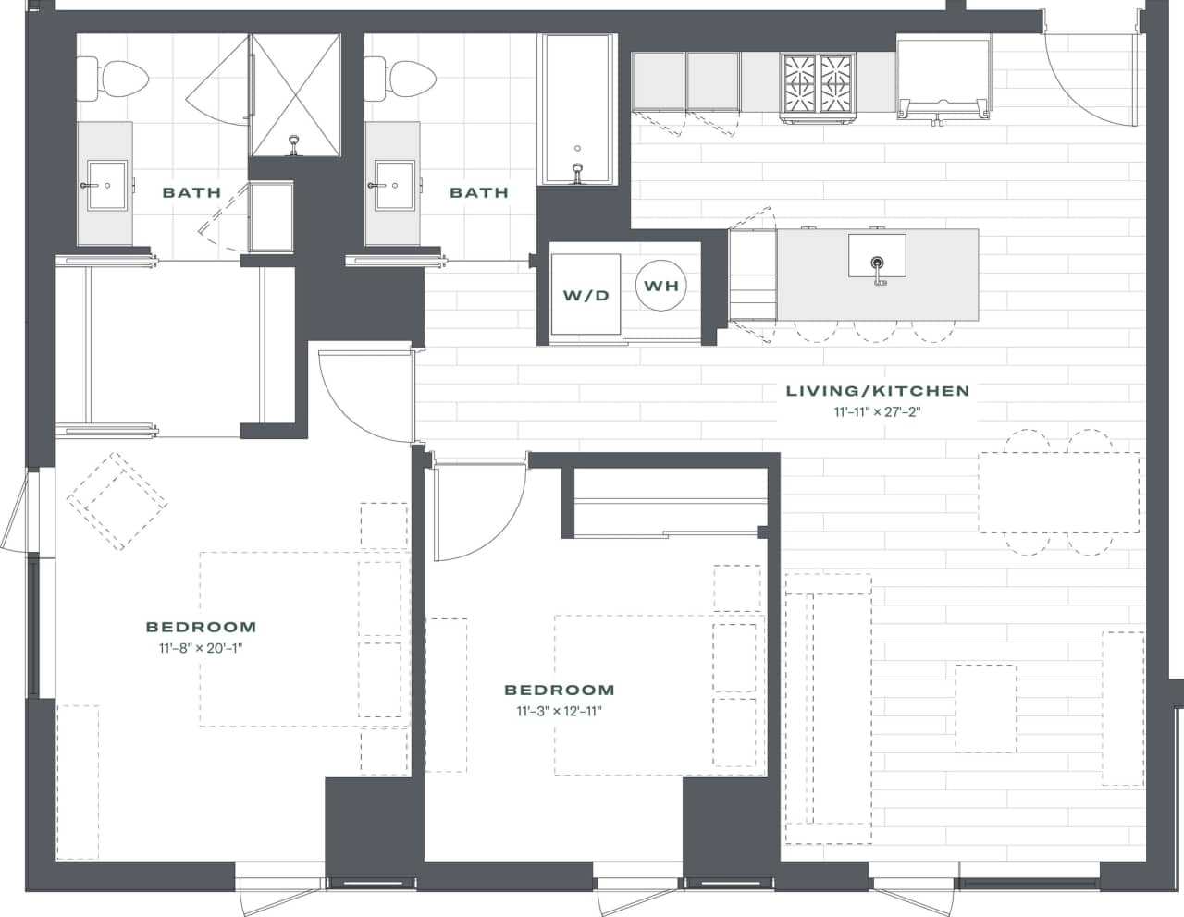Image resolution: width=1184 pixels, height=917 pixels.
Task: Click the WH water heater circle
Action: coord(661,286)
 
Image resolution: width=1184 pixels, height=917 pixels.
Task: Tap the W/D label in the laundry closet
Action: coord(586,296)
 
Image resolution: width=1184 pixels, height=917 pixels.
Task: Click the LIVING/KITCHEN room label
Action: coord(877,391)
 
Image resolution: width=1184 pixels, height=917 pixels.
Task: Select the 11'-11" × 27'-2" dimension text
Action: coord(877,412)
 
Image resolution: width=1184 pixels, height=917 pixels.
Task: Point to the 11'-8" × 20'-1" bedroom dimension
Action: coord(201,648)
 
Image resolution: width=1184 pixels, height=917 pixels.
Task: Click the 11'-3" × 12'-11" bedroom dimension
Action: coord(559,711)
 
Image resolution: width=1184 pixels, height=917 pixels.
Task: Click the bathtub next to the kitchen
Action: coord(577,109)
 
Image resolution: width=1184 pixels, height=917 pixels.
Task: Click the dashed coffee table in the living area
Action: coord(985,707)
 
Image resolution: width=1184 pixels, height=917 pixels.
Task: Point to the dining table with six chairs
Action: coord(1058,492)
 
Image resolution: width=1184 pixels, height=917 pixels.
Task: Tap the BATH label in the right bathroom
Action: coord(478,192)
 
